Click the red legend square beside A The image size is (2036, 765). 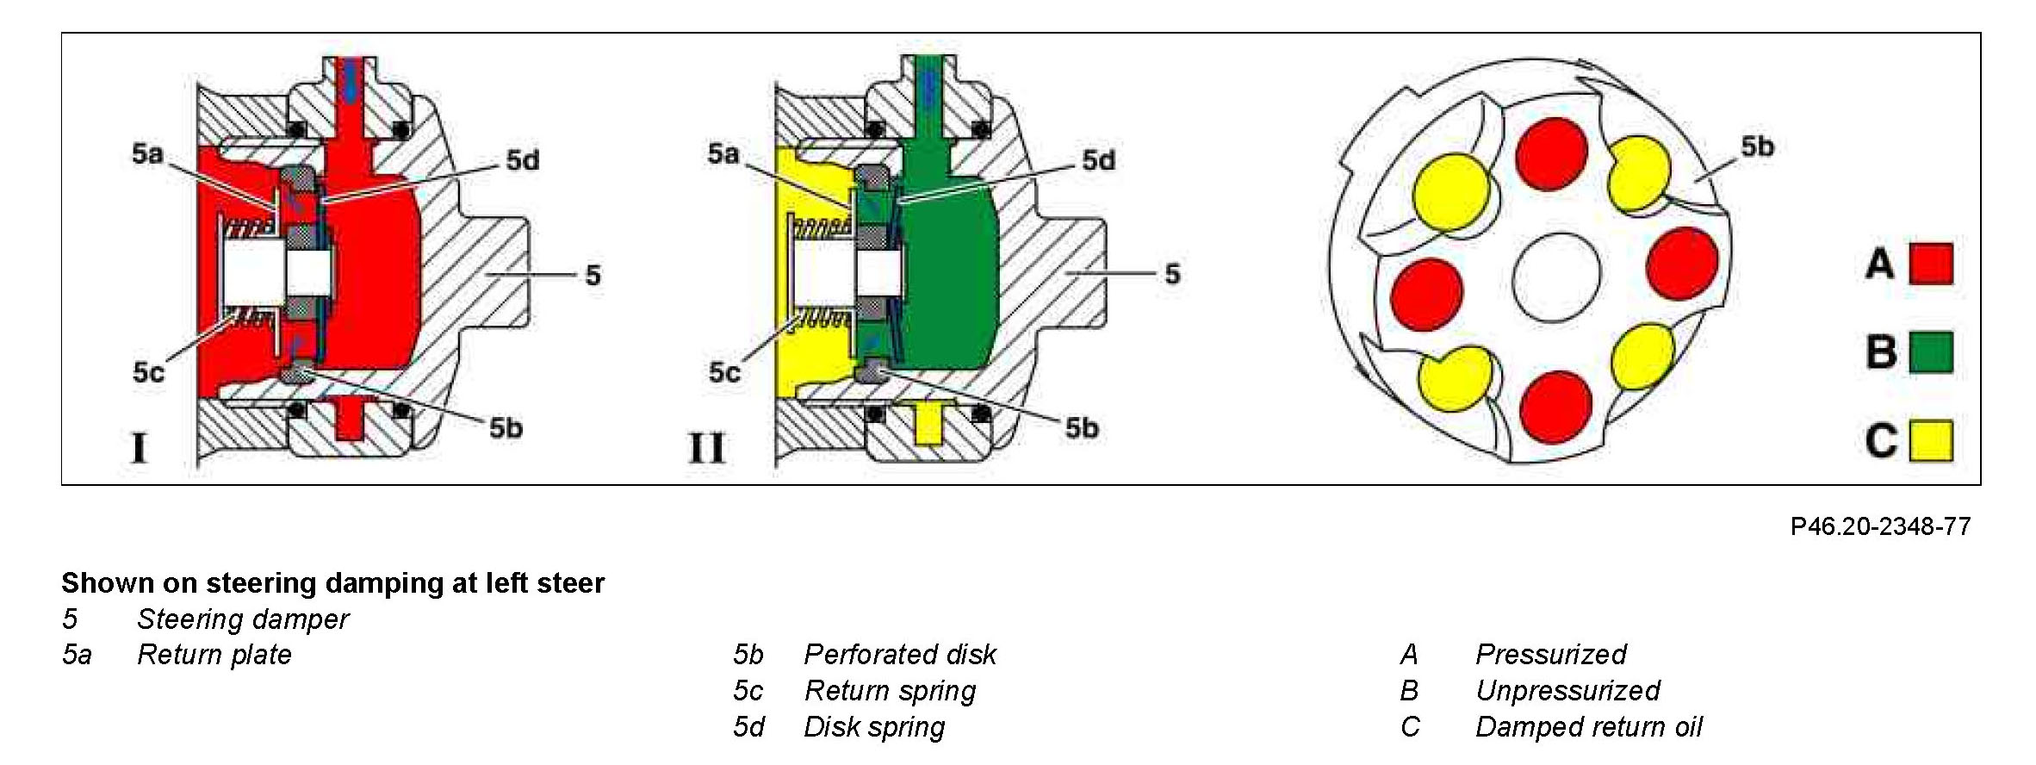1931,264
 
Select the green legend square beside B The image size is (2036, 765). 1931,351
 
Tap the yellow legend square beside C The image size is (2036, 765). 1931,440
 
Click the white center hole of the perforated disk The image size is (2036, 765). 1556,277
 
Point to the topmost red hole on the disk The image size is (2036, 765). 1551,153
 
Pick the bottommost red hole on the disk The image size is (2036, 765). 1556,407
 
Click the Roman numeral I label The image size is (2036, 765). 139,448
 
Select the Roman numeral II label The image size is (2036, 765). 706,448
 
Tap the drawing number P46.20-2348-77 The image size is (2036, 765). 1880,526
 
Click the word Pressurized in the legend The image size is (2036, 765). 1550,655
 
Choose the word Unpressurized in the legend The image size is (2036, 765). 1567,691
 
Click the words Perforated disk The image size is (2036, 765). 899,655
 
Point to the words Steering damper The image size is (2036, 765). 243,619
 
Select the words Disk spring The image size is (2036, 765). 873,727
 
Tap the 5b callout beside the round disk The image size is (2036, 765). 1757,146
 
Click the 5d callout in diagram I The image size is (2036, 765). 523,160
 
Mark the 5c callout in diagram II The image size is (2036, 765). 724,372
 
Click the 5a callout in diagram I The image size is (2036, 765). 147,153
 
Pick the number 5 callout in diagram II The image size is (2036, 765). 1172,274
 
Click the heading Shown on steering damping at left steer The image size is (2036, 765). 332,583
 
